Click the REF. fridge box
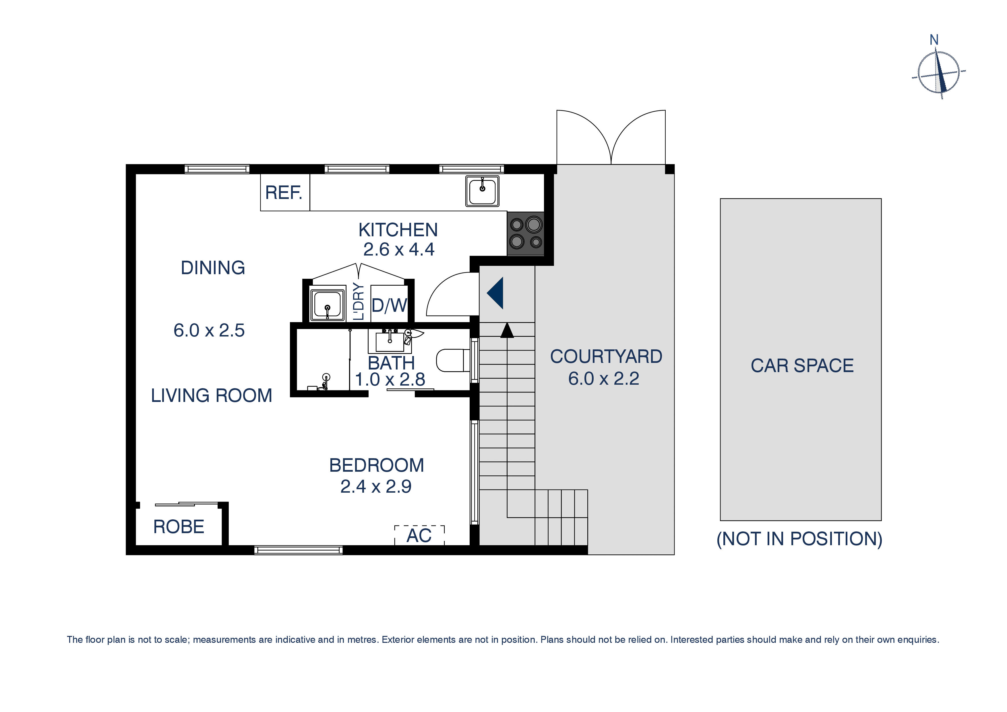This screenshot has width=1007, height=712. [x=285, y=193]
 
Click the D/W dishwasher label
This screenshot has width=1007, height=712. [x=389, y=305]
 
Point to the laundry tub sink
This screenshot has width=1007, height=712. [x=327, y=304]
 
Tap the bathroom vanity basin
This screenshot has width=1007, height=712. [x=390, y=342]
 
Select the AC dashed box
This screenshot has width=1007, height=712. [x=419, y=535]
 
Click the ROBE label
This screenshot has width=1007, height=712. [x=179, y=527]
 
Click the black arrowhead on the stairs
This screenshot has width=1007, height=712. [x=507, y=330]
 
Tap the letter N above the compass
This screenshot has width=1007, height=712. [x=934, y=40]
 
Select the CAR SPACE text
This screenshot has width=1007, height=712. [x=802, y=366]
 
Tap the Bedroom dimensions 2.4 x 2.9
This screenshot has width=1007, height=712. [x=376, y=487]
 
